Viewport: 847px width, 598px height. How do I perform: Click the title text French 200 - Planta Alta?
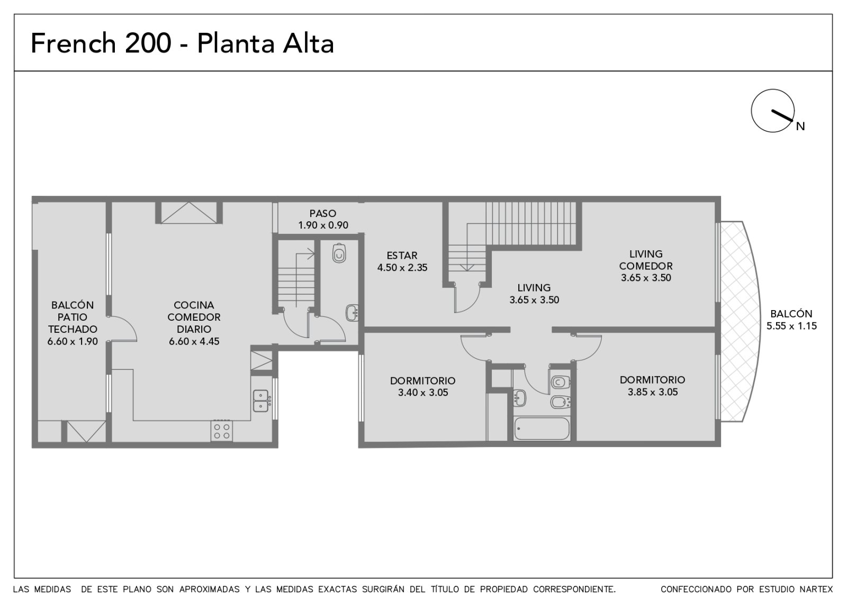click(x=182, y=43)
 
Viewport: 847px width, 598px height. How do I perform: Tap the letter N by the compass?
click(x=800, y=126)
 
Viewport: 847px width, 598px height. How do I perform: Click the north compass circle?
click(x=772, y=111)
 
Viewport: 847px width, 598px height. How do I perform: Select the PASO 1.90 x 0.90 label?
click(x=323, y=219)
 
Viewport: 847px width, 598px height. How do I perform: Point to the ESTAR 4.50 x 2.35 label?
click(x=402, y=261)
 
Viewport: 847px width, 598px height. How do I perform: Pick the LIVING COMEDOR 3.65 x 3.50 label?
click(x=646, y=266)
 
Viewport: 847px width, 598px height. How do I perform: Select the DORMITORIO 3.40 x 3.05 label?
click(x=423, y=386)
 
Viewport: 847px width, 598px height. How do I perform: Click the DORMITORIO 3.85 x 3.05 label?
click(x=653, y=386)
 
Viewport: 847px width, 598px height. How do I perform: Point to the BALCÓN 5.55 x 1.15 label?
click(x=791, y=320)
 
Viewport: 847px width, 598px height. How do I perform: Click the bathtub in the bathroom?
click(x=542, y=429)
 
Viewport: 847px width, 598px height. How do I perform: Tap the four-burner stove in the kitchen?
click(x=222, y=431)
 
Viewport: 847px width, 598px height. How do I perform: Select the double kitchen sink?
click(x=261, y=401)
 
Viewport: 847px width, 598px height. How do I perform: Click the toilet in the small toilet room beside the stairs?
click(x=339, y=253)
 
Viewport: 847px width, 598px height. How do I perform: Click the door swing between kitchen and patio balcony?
click(x=124, y=328)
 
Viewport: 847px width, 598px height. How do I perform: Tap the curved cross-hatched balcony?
click(x=740, y=321)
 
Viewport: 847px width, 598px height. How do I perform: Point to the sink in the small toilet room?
click(x=352, y=313)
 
